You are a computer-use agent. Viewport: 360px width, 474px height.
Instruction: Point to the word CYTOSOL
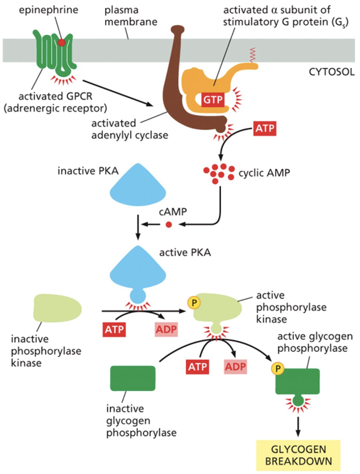coord(331,72)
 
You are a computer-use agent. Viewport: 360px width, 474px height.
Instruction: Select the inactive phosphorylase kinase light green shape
coord(57,308)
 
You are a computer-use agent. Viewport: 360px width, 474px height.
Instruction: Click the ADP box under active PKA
coord(166,331)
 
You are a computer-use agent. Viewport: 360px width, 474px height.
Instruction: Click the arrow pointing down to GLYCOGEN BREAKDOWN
coord(298,424)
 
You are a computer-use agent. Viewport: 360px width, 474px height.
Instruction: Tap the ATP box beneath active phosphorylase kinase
coord(197,367)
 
